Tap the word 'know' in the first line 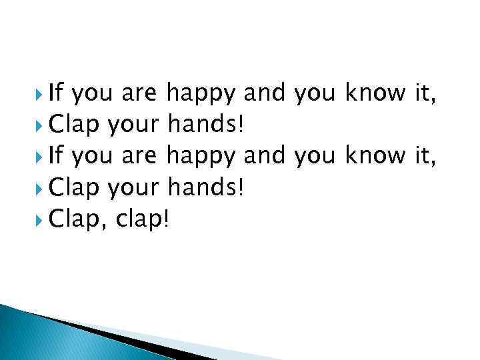click(x=373, y=94)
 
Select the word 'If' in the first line click(x=57, y=94)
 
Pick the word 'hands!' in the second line click(x=207, y=125)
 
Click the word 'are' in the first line click(x=139, y=95)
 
